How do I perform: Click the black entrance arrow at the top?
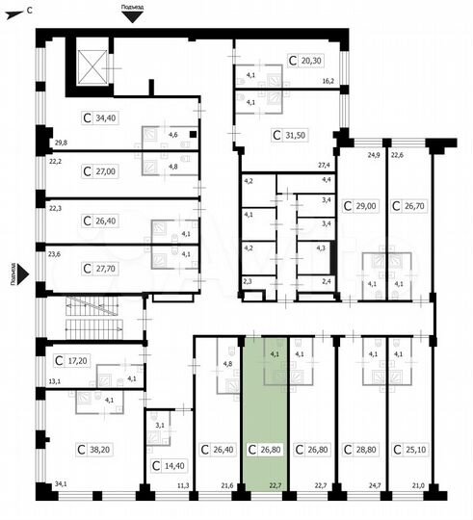coord(134,15)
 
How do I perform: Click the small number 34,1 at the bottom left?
coord(62,484)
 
